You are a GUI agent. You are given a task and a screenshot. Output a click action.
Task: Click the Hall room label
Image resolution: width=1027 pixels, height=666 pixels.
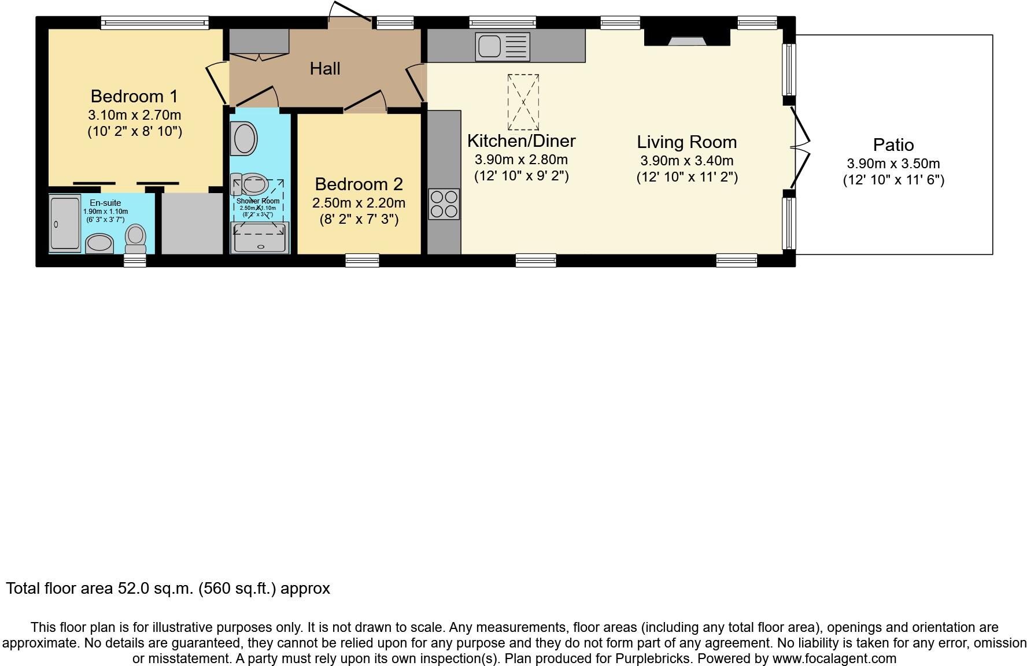pyautogui.click(x=324, y=69)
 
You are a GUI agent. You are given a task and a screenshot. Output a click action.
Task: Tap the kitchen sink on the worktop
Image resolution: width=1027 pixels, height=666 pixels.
pyautogui.click(x=502, y=46)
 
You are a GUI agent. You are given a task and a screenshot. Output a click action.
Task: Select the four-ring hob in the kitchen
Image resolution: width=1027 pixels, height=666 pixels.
pyautogui.click(x=444, y=204)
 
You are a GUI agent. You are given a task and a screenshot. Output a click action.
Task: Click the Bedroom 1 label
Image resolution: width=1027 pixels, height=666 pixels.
pyautogui.click(x=134, y=96)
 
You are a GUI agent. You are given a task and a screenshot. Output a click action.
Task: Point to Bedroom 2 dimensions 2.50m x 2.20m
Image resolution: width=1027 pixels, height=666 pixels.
pyautogui.click(x=359, y=203)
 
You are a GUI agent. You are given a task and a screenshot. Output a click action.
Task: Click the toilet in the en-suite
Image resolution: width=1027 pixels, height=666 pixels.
pyautogui.click(x=136, y=238)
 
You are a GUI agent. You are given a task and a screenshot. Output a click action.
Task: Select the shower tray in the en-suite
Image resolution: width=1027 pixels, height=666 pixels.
pyautogui.click(x=64, y=223)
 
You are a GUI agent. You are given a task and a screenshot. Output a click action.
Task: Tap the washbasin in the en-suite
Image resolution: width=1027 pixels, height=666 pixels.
pyautogui.click(x=99, y=243)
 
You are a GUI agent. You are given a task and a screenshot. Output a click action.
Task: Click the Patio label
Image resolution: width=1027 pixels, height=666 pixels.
pyautogui.click(x=893, y=145)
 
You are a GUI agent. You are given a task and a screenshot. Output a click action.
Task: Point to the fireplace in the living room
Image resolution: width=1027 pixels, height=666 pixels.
pyautogui.click(x=687, y=38)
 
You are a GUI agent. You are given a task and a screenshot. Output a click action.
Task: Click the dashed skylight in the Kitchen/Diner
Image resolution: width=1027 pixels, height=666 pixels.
pyautogui.click(x=523, y=102)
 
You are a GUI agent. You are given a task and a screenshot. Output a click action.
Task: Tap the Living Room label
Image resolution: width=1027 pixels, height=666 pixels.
pyautogui.click(x=686, y=142)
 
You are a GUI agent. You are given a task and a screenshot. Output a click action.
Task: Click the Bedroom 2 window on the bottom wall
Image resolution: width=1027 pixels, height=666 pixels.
pyautogui.click(x=362, y=261)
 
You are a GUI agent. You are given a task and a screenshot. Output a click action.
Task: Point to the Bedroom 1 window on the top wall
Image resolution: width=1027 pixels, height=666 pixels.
pyautogui.click(x=154, y=23)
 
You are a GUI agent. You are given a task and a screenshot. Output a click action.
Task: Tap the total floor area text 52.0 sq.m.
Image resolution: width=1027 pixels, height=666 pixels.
pyautogui.click(x=168, y=589)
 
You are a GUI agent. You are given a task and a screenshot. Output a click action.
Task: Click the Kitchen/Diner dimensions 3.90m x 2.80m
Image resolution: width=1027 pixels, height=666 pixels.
pyautogui.click(x=521, y=160)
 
